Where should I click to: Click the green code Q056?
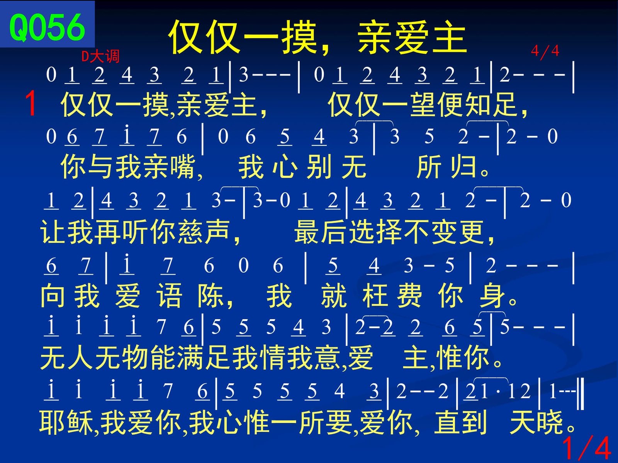click(x=47, y=27)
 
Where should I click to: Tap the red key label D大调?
click(x=100, y=56)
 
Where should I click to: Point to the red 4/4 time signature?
click(x=545, y=51)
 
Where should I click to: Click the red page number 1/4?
click(x=586, y=448)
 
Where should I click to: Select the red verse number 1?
click(x=31, y=103)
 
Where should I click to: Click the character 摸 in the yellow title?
click(x=299, y=37)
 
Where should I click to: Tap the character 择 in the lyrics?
click(x=389, y=232)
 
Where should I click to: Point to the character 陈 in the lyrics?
click(x=211, y=296)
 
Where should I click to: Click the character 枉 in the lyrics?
click(x=375, y=296)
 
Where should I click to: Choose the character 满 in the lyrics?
click(x=190, y=358)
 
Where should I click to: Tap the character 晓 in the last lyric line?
click(x=550, y=422)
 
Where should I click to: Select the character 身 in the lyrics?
click(x=492, y=296)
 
